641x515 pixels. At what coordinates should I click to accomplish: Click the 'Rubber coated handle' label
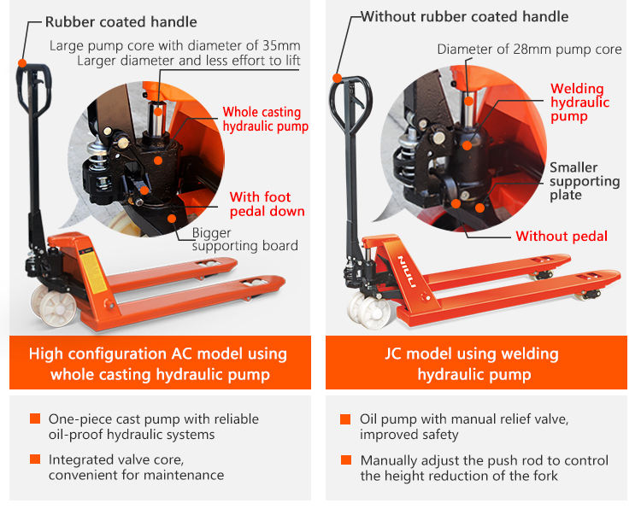click(121, 22)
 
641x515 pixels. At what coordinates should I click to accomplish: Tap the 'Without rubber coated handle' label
click(464, 17)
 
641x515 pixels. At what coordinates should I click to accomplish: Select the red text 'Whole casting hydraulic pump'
click(265, 119)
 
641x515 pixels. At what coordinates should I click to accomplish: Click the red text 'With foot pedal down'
click(267, 204)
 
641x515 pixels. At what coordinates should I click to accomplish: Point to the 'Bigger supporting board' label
click(244, 239)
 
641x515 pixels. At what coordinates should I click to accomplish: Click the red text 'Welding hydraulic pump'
click(579, 102)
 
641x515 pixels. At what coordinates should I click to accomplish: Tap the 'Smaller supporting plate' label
click(585, 181)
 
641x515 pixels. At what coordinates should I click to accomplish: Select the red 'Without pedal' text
click(562, 237)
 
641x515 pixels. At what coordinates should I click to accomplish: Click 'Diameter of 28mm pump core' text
click(529, 50)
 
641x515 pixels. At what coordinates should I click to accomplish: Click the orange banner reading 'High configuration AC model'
click(158, 364)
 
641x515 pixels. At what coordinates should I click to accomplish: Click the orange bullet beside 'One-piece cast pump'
click(35, 419)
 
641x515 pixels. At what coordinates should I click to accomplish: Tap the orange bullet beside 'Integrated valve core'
click(35, 459)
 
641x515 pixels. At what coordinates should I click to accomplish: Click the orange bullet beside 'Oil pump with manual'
click(345, 419)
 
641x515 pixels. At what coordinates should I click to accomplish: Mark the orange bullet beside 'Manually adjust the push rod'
click(345, 460)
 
